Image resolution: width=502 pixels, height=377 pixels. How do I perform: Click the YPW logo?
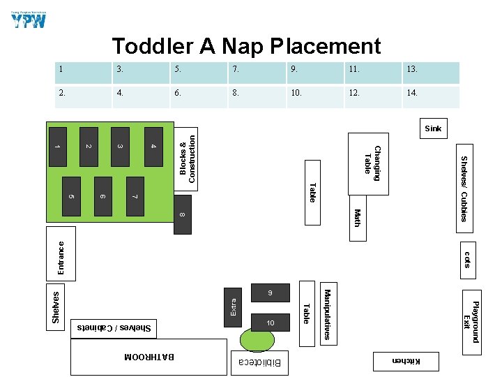[x=29, y=18]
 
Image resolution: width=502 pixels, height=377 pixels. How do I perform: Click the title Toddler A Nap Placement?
[x=246, y=46]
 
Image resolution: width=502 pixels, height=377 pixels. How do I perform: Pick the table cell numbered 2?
[x=83, y=96]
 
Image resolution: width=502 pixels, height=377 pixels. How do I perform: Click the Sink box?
[x=433, y=128]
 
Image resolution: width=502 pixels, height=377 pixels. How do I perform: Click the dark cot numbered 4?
[x=154, y=146]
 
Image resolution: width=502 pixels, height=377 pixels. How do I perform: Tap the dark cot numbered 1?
[x=58, y=146]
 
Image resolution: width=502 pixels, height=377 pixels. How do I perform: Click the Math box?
[x=356, y=218]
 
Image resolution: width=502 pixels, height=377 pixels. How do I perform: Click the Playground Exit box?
[x=472, y=321]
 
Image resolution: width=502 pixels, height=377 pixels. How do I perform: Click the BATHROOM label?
[x=149, y=357]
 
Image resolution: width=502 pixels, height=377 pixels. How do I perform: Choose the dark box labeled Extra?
[x=234, y=305]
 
